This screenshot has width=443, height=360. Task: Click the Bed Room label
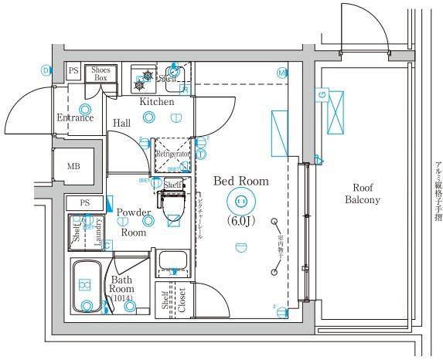tap(240, 182)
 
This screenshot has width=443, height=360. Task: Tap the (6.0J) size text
tap(240, 220)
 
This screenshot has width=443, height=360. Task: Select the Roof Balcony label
tap(362, 193)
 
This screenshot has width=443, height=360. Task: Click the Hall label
tap(121, 123)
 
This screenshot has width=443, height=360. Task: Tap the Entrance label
tap(75, 117)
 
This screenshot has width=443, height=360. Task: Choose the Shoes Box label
tap(101, 73)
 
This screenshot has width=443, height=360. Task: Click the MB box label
tap(73, 165)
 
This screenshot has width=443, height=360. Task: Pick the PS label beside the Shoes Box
tap(73, 70)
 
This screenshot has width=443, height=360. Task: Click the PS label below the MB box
tap(84, 202)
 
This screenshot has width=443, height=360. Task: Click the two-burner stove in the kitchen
tap(143, 76)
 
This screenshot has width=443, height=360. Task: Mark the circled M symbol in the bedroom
tap(281, 73)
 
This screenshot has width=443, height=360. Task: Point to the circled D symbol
tap(46, 70)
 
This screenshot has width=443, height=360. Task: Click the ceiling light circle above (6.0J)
tap(240, 202)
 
